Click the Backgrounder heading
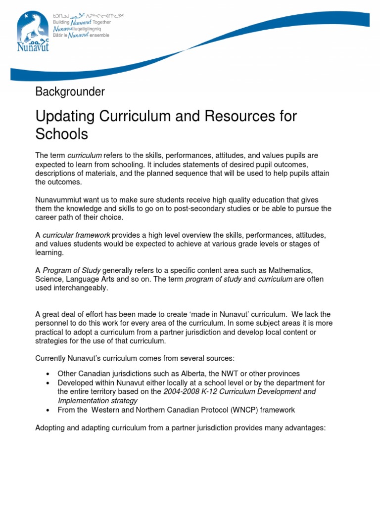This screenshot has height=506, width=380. pyautogui.click(x=70, y=91)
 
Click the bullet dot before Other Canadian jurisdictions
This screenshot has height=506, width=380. pyautogui.click(x=47, y=374)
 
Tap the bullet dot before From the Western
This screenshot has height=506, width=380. pyautogui.click(x=47, y=410)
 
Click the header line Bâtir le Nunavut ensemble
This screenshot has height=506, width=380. pyautogui.click(x=82, y=35)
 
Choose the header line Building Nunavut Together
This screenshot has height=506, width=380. pyautogui.click(x=82, y=22)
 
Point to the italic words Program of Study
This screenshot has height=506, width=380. pyautogui.click(x=72, y=270)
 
